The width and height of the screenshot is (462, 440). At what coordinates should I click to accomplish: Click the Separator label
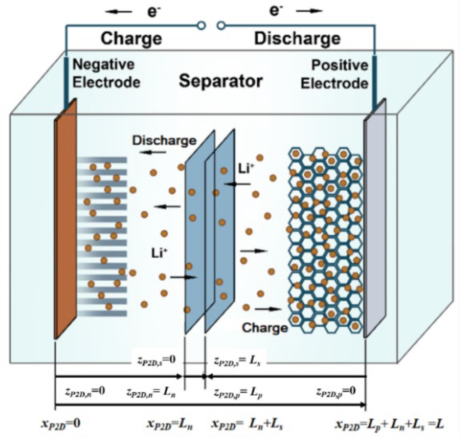[x=221, y=81]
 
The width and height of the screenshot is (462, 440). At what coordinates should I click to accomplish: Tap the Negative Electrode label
[x=106, y=74]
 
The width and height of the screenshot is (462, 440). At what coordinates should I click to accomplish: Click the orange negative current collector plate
[x=65, y=219]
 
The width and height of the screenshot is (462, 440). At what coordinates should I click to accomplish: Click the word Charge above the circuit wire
[x=131, y=39]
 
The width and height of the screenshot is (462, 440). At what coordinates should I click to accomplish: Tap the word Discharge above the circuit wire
[x=297, y=39]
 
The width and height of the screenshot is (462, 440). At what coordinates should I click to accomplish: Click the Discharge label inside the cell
[x=164, y=141]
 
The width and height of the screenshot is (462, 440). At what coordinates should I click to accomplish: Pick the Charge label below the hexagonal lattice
[x=265, y=328]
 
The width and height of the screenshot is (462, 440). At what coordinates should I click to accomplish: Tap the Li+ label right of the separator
[x=244, y=169]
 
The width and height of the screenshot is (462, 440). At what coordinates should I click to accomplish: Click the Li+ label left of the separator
[x=159, y=253]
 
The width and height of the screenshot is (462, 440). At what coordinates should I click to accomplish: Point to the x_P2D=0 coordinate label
[x=61, y=424]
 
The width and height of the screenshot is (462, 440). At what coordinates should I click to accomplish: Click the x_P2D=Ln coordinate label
[x=170, y=424]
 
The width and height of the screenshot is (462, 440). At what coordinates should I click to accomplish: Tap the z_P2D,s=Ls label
[x=237, y=361]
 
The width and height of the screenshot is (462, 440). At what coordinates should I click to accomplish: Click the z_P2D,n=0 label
[x=85, y=391]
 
